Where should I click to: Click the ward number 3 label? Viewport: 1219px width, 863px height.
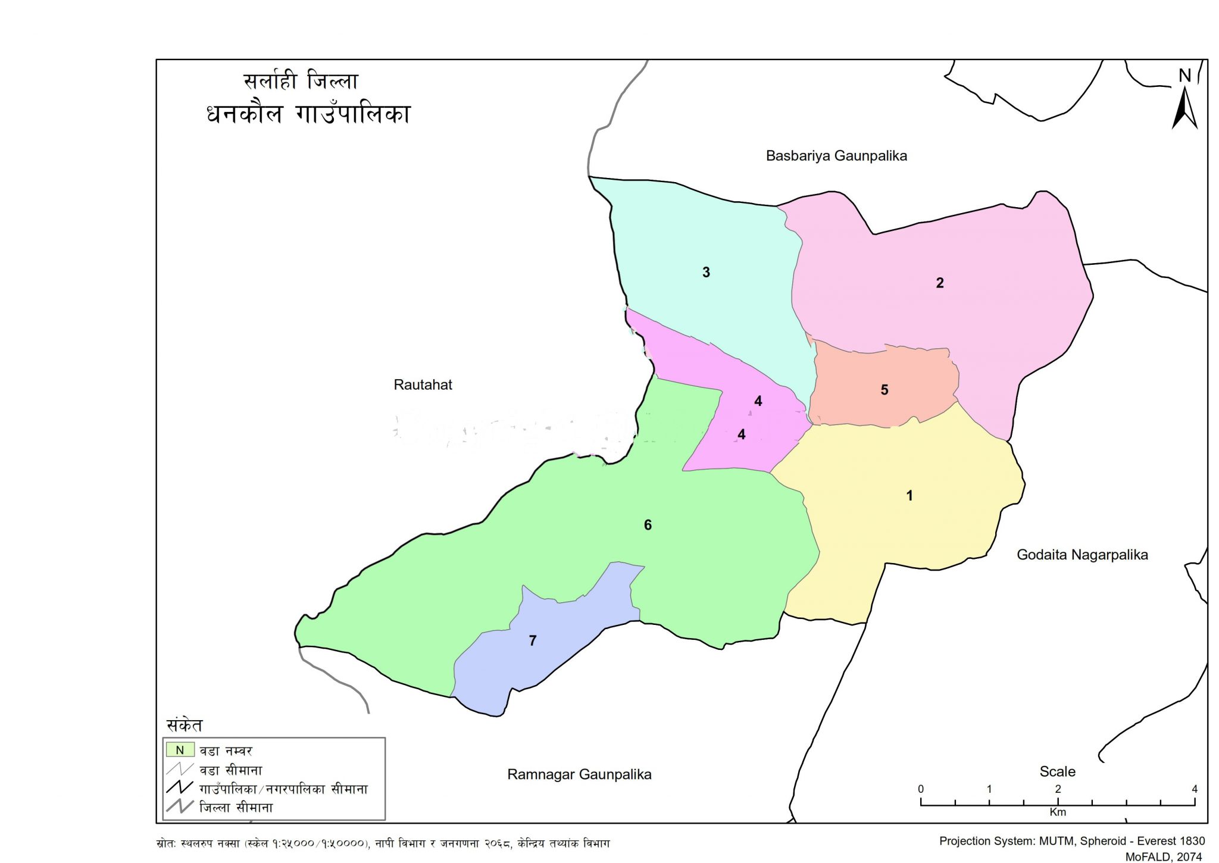coord(706,273)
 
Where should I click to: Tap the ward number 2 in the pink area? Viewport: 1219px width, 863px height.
coord(940,283)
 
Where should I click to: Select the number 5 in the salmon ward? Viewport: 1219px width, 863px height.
coord(884,390)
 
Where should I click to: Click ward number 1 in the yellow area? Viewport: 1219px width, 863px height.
coord(909,495)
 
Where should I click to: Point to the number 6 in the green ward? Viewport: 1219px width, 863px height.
coord(648,525)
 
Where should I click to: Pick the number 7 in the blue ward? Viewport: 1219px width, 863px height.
coord(533,640)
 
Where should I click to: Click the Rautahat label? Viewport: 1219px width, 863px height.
coord(423,384)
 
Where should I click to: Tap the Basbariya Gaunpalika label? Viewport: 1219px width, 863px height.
coord(836,156)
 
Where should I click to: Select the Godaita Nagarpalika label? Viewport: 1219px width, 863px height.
coord(1082,555)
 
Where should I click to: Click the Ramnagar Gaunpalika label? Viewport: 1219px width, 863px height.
coord(579,774)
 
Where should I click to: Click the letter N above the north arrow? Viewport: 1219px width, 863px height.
coord(1184,76)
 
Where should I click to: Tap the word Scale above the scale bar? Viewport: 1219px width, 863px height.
coord(1057,771)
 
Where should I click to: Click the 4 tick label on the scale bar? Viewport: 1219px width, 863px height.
coord(1194,789)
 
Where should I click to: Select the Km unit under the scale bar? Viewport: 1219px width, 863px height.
coord(1057,812)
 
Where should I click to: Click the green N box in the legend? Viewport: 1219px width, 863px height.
coord(180,750)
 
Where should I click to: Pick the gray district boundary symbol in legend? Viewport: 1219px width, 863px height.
coord(180,807)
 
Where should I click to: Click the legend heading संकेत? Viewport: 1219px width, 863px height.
coord(185,725)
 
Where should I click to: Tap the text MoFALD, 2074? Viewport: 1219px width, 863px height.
coord(1164,856)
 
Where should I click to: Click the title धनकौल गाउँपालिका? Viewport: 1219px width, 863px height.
coord(308,114)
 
